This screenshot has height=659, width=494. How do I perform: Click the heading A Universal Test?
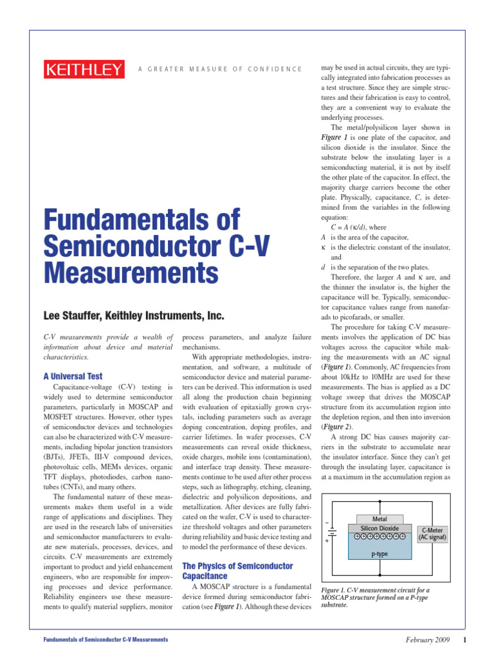pyautogui.click(x=73, y=376)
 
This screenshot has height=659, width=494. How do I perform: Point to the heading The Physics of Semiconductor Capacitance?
pyautogui.click(x=238, y=571)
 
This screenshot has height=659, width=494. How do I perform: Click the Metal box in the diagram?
pyautogui.click(x=380, y=519)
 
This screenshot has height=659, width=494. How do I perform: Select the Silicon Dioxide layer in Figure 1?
pyautogui.click(x=380, y=528)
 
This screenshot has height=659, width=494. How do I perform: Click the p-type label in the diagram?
pyautogui.click(x=380, y=553)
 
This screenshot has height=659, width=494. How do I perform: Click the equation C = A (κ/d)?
pyautogui.click(x=349, y=227)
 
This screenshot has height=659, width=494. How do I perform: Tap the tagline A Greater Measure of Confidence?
pyautogui.click(x=219, y=69)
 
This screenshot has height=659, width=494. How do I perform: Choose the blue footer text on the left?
pyautogui.click(x=105, y=639)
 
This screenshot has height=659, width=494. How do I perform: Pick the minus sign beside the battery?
pyautogui.click(x=327, y=521)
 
